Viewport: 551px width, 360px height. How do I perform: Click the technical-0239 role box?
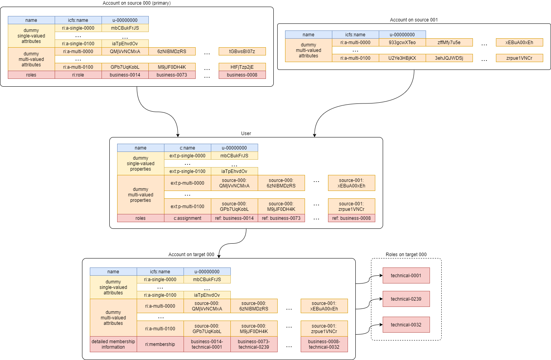click(406, 299)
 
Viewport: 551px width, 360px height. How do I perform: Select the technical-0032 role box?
click(406, 325)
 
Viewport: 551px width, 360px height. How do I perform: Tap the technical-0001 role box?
click(406, 276)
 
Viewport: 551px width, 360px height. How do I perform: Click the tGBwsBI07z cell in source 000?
click(242, 52)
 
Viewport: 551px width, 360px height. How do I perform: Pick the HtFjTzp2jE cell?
click(242, 67)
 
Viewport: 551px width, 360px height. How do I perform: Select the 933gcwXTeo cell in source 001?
click(402, 43)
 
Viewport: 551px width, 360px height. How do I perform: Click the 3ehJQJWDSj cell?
click(449, 58)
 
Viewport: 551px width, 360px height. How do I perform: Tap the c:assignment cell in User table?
click(187, 218)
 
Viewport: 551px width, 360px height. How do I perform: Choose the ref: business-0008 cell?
click(351, 218)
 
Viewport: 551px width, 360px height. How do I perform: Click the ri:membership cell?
click(160, 344)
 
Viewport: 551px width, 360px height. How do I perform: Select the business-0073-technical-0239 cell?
click(254, 344)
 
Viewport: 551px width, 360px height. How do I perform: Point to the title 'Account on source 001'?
click(414, 20)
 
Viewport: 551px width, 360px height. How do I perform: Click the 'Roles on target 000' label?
click(406, 255)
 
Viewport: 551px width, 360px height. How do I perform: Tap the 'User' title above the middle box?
click(246, 134)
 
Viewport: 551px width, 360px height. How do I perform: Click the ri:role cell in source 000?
click(78, 75)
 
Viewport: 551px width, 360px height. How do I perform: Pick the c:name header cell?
click(187, 148)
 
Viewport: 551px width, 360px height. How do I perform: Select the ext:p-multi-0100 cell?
click(187, 207)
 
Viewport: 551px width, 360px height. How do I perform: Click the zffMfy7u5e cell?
click(449, 43)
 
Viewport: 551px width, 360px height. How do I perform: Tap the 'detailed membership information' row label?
click(113, 344)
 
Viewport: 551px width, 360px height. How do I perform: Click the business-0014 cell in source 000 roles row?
click(125, 75)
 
